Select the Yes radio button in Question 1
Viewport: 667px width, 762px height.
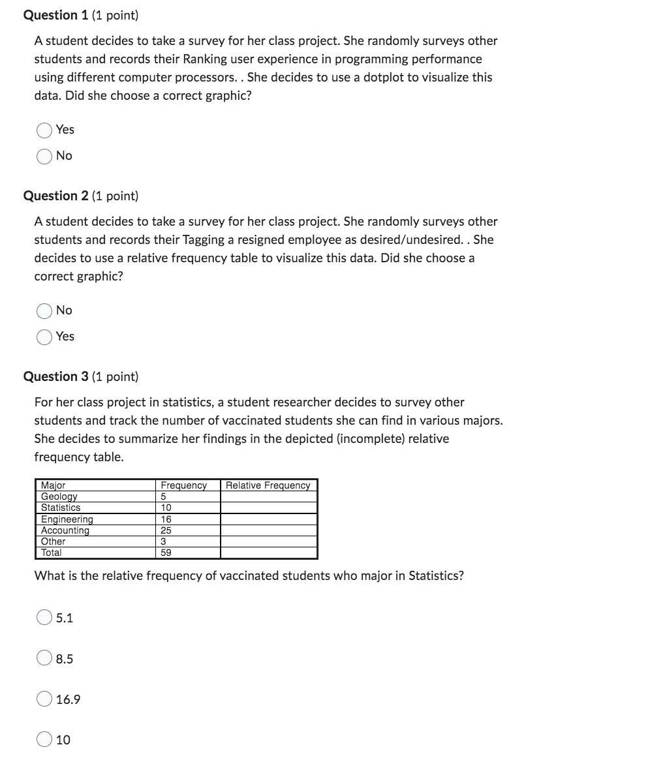click(44, 130)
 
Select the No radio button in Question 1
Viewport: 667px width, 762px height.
click(44, 157)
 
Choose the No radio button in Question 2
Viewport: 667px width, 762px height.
click(44, 311)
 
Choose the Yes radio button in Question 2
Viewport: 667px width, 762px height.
click(44, 337)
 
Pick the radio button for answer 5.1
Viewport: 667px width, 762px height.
click(44, 617)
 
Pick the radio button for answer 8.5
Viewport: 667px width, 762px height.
click(44, 658)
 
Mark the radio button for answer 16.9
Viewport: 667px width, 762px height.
click(44, 699)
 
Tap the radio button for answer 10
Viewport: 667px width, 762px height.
click(44, 740)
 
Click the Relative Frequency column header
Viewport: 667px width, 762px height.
click(268, 485)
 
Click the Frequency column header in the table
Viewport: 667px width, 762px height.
click(183, 485)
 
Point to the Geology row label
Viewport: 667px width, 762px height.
click(59, 496)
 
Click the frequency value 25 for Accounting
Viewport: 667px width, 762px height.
click(166, 530)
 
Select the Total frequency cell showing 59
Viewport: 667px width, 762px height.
click(166, 553)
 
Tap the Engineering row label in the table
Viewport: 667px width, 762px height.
click(67, 519)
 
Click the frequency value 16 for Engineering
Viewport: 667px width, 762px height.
click(166, 519)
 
